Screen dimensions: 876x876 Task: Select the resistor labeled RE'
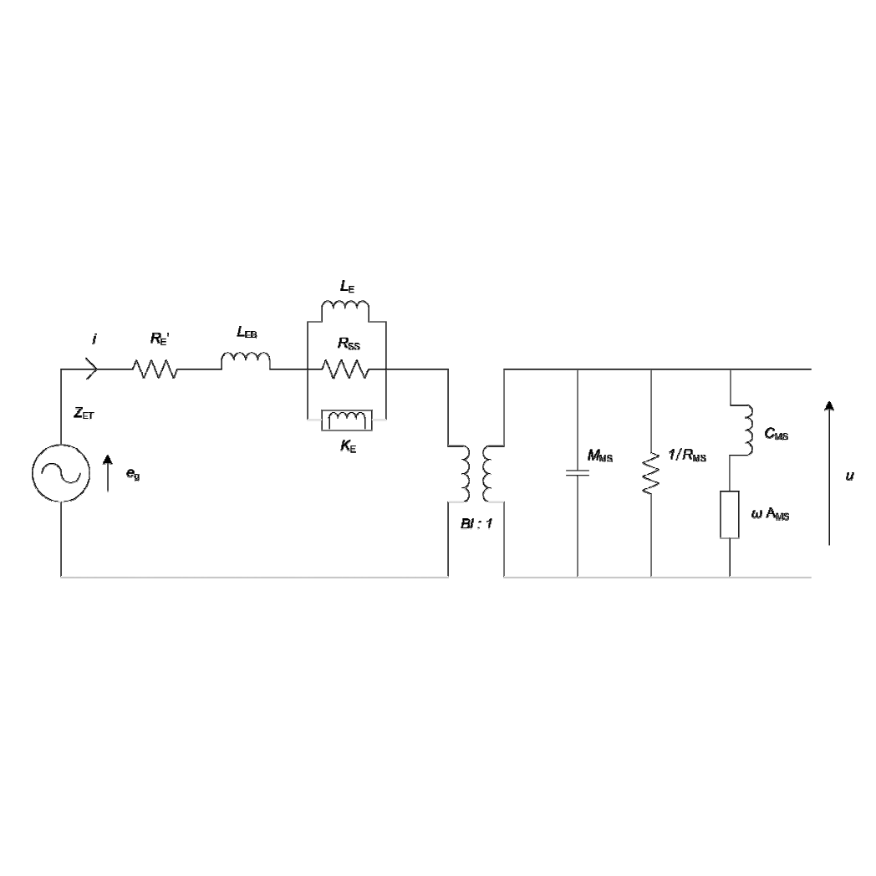[x=155, y=369]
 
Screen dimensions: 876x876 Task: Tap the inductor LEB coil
[x=246, y=361]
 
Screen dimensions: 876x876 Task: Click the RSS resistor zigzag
[x=345, y=369]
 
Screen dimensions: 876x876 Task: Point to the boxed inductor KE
[x=347, y=420]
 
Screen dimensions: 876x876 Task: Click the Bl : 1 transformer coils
[x=476, y=474]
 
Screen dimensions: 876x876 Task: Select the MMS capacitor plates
[x=577, y=472]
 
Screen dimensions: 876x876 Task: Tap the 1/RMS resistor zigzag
[x=651, y=473]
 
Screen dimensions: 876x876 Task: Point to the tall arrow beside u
[x=829, y=472]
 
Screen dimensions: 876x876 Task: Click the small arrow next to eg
[x=108, y=473]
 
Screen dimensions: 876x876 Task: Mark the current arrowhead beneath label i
[x=93, y=369]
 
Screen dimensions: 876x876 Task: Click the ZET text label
[x=84, y=414]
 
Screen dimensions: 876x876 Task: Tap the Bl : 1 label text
[x=476, y=523]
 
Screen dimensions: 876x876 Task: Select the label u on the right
[x=849, y=476]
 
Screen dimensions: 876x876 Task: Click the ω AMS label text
[x=770, y=514]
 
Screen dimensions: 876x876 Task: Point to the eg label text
[x=133, y=474]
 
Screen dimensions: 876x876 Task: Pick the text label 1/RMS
[x=687, y=456]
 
